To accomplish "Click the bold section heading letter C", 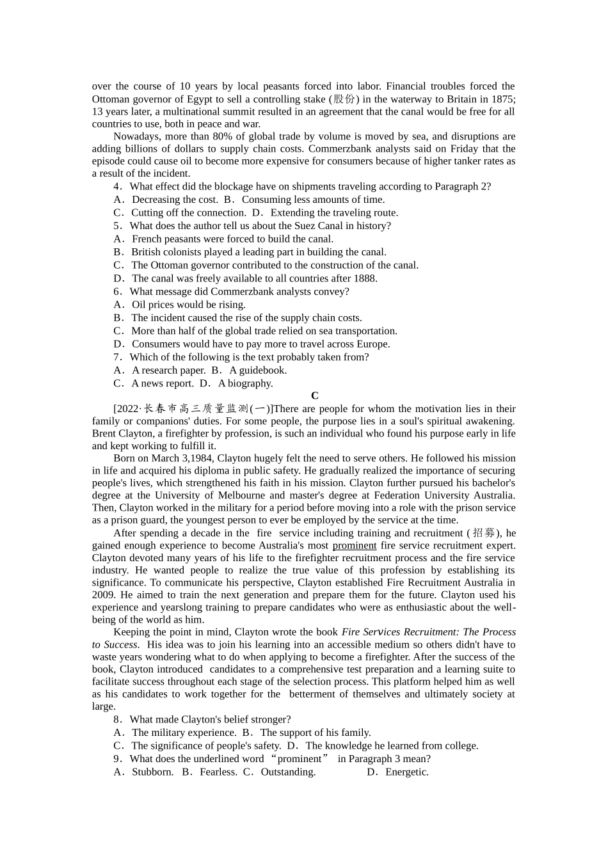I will pos(314,396).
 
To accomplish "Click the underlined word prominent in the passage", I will pos(354,546).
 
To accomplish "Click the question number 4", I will pos(117,187).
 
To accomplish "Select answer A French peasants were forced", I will pos(224,239).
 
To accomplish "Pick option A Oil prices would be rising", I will pos(180,305).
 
